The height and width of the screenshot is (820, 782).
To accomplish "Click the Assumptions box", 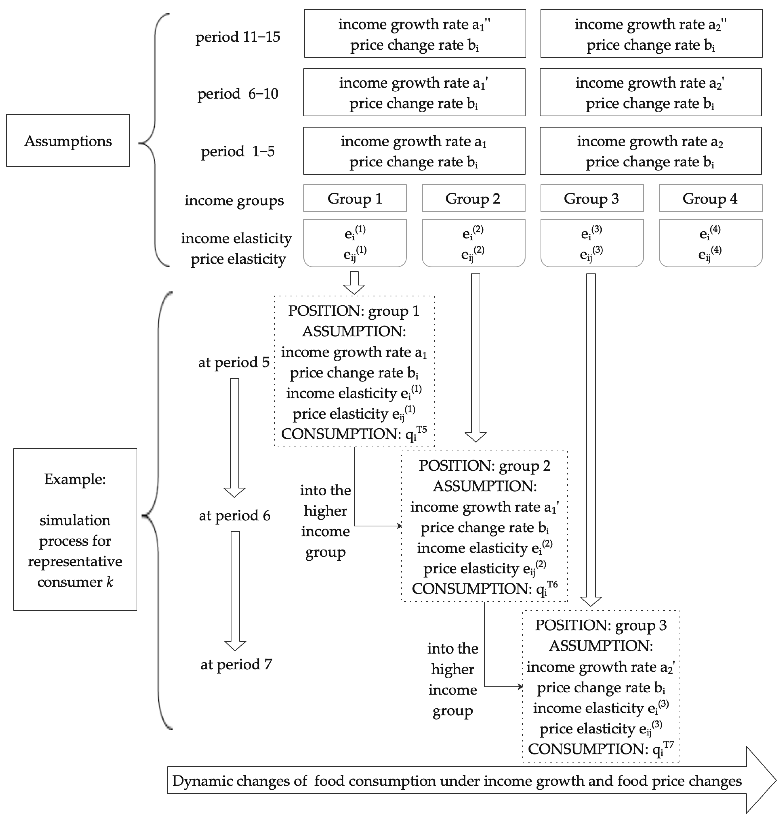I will pos(68,141).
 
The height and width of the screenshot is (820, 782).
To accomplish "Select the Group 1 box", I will pos(355,199).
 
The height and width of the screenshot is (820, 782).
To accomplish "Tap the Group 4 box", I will pos(710,199).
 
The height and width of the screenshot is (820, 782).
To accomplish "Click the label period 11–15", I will pos(237,37).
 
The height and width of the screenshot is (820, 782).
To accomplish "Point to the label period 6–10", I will pos(237,93).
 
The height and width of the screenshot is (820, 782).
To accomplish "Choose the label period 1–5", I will pos(237,151).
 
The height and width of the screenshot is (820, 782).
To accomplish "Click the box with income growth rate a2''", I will pos(651,33).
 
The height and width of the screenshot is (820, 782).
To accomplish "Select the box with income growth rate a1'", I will pos(414,92).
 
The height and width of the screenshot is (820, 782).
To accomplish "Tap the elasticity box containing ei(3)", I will pos(592,243).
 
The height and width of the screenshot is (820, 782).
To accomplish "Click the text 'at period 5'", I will pos(234,362).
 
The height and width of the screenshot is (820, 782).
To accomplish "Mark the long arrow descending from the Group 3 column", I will pos(591,438).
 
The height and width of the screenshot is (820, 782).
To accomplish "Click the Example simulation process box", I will pos(75,529).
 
